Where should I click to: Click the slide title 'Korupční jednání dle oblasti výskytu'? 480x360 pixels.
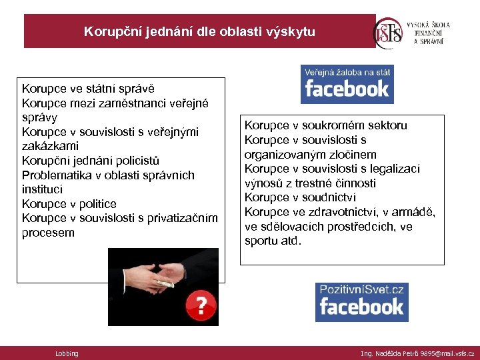(x=199, y=31)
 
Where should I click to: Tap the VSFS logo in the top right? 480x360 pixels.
(x=389, y=31)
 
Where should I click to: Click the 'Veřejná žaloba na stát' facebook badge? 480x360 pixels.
(x=347, y=83)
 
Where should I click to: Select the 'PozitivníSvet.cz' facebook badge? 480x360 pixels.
(x=361, y=301)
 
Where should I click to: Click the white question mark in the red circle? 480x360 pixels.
(x=201, y=305)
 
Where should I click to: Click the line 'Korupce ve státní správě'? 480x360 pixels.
(x=88, y=88)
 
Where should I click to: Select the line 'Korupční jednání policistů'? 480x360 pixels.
(x=91, y=161)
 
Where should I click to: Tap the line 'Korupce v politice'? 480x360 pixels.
(x=69, y=204)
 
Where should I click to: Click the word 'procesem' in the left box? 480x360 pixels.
(x=48, y=233)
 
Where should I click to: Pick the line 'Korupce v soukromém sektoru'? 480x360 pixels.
(x=325, y=125)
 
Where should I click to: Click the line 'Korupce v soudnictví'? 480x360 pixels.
(x=300, y=197)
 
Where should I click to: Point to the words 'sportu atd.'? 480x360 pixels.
(x=273, y=241)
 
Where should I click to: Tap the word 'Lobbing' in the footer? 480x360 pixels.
(x=67, y=353)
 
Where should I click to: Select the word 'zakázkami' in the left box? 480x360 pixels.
(x=50, y=146)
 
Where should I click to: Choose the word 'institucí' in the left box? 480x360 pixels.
(x=44, y=189)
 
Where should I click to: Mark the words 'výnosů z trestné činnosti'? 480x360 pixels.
(x=310, y=183)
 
